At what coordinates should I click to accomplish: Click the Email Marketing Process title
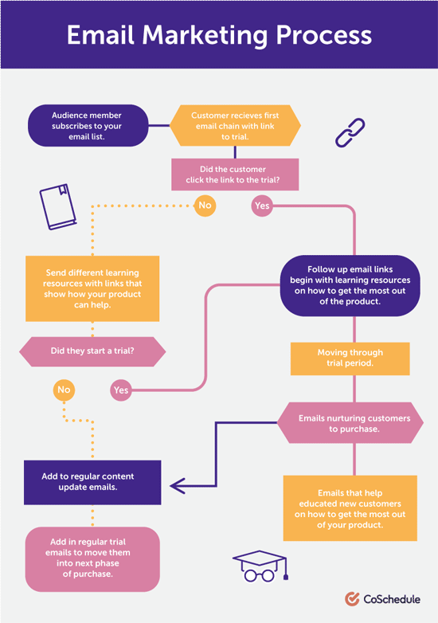[219, 35]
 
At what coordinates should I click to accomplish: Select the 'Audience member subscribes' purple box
[88, 126]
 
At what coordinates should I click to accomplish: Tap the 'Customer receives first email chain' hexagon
[236, 126]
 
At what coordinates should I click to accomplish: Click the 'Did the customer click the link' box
[236, 174]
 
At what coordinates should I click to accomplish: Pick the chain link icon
[350, 132]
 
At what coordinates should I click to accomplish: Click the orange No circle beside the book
[205, 206]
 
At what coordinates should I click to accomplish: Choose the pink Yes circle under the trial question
[261, 206]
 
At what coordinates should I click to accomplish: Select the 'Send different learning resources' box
[92, 289]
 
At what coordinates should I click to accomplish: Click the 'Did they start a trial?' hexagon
[92, 350]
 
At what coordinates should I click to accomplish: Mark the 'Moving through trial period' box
[350, 358]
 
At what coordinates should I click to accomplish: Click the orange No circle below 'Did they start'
[65, 390]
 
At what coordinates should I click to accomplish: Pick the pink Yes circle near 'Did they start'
[121, 390]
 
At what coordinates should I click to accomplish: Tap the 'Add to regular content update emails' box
[92, 482]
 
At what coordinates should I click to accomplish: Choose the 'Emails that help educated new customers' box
[350, 508]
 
